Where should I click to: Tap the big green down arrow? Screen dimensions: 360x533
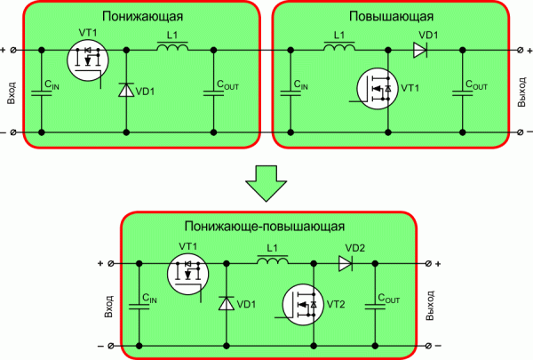click(x=266, y=183)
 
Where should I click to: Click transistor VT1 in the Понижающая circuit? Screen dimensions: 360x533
click(x=87, y=60)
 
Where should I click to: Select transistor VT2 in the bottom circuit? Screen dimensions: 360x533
click(x=302, y=305)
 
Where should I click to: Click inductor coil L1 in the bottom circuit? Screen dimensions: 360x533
click(x=273, y=263)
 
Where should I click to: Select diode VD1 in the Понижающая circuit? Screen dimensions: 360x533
click(x=125, y=90)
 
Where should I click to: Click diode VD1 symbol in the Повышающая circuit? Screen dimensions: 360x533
click(x=421, y=50)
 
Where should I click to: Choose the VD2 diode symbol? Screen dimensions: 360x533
click(x=346, y=263)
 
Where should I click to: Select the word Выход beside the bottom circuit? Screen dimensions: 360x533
click(x=431, y=304)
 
